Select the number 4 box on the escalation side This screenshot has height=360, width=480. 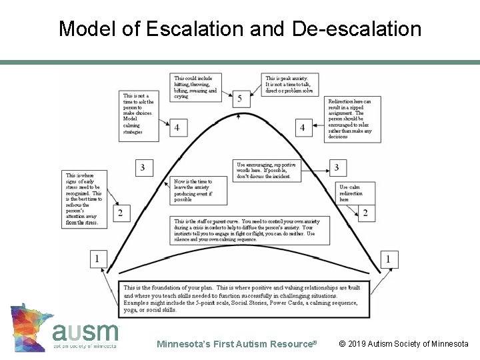coord(177,127)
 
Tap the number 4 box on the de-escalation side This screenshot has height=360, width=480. coord(303,127)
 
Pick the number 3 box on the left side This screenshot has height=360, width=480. coord(143,167)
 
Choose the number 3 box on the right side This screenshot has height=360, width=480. coord(337,167)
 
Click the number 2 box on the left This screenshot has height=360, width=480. coord(120,213)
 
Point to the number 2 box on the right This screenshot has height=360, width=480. coord(365,213)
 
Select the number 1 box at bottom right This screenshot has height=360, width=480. coord(388,258)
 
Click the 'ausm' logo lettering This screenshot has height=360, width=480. coord(85,331)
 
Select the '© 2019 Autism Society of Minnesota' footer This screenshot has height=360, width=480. coord(403,345)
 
